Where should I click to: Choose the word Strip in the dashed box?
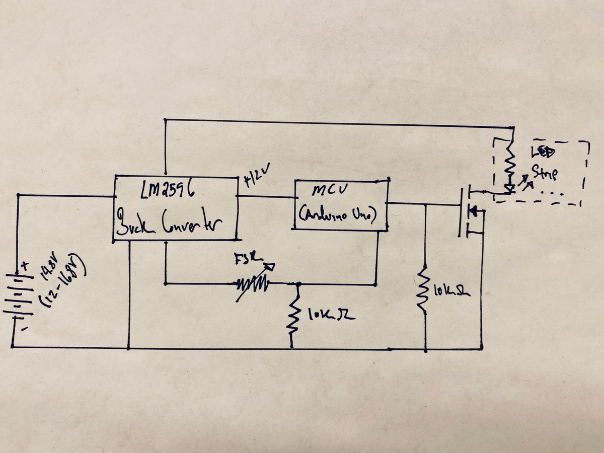546,174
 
